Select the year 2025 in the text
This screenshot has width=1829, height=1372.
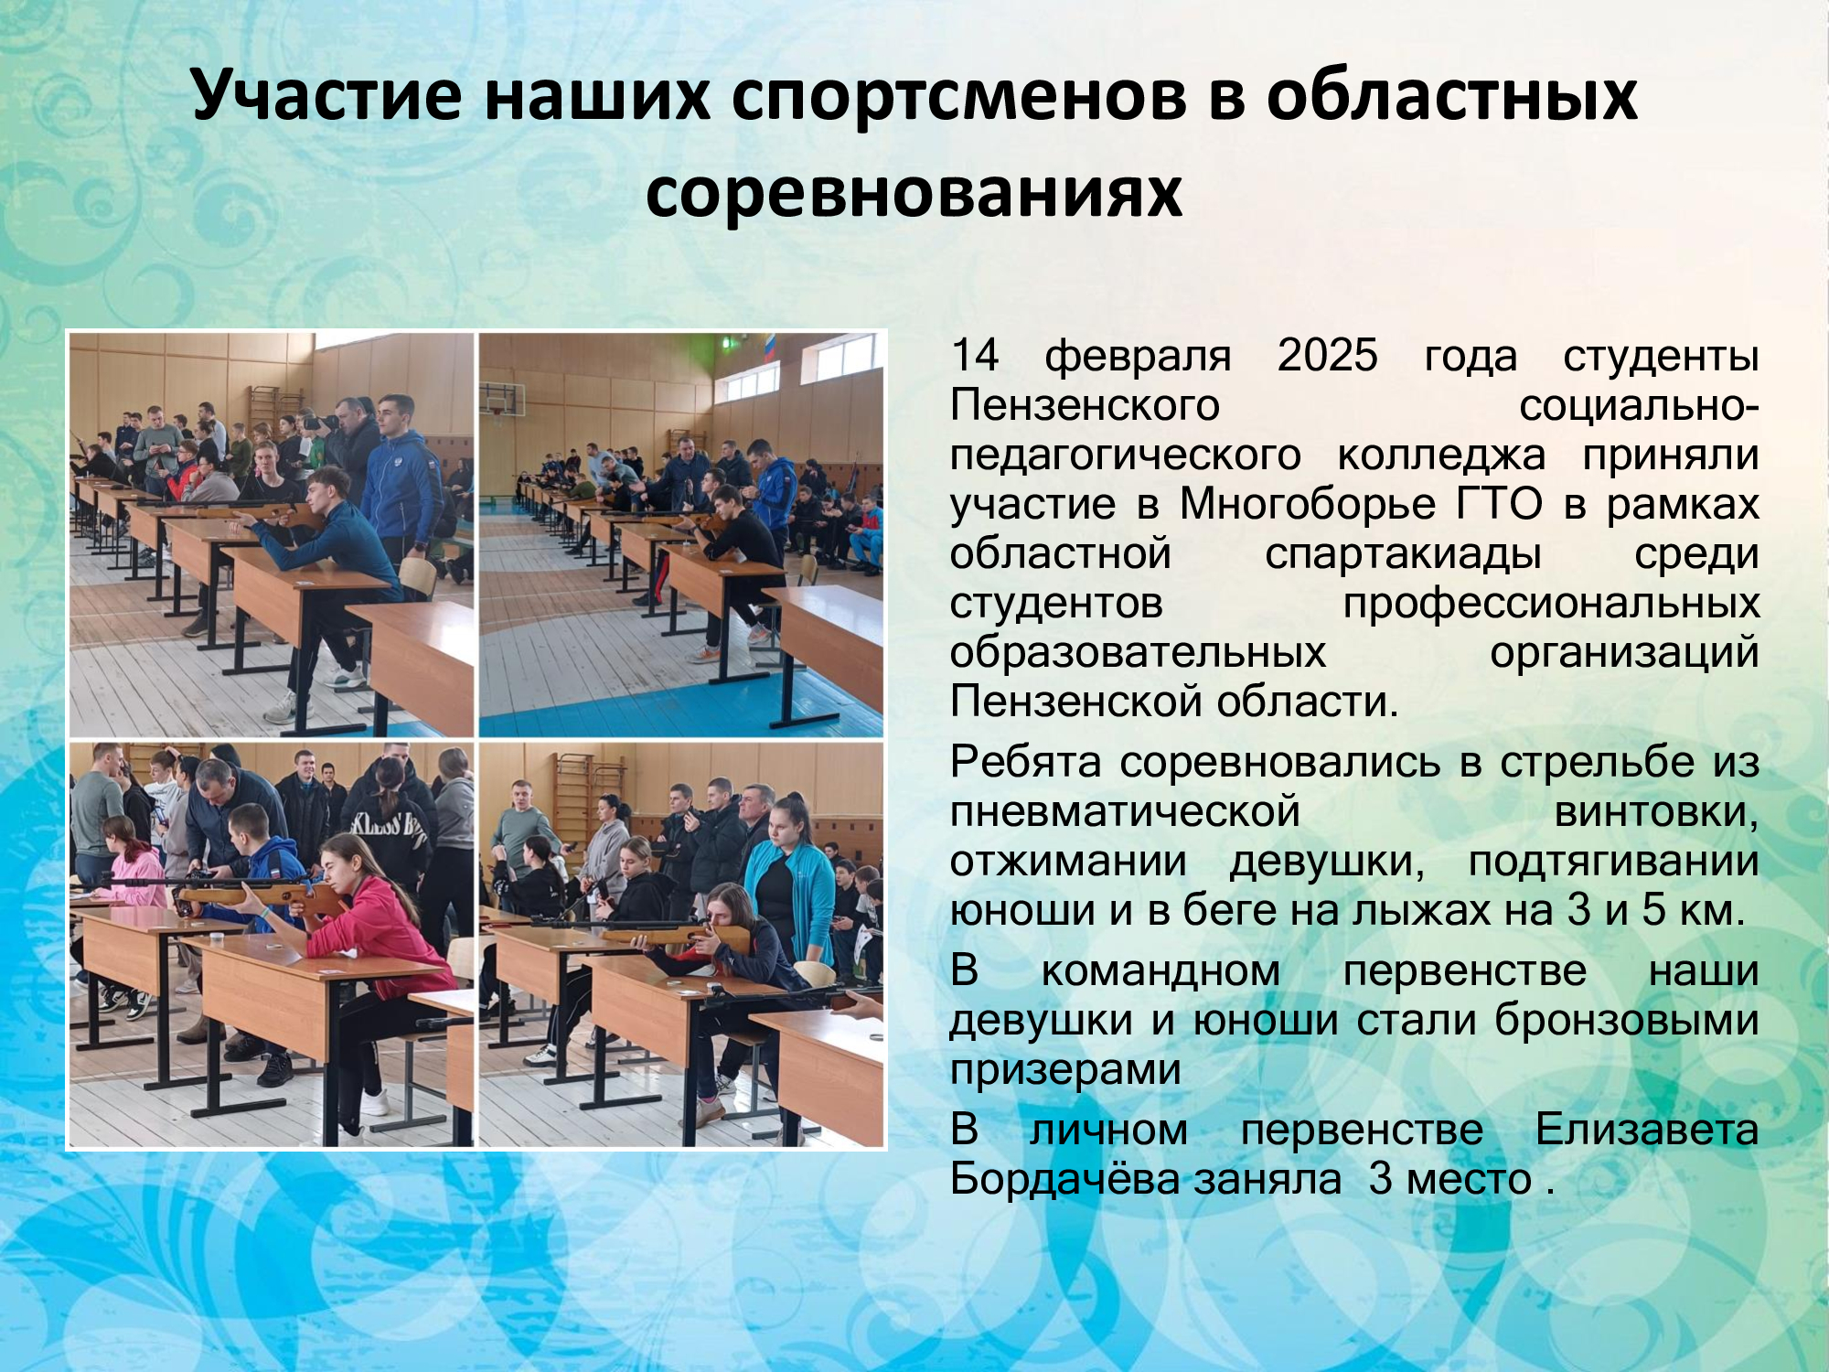point(1327,355)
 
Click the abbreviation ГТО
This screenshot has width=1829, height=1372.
point(1499,503)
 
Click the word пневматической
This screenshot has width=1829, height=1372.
point(1125,811)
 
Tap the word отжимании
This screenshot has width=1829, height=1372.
point(1068,861)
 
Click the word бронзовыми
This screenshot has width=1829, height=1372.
point(1627,1020)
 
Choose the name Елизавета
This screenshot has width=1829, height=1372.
point(1647,1129)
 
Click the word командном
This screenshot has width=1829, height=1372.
point(1161,970)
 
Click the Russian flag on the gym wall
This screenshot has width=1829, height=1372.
point(768,349)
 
